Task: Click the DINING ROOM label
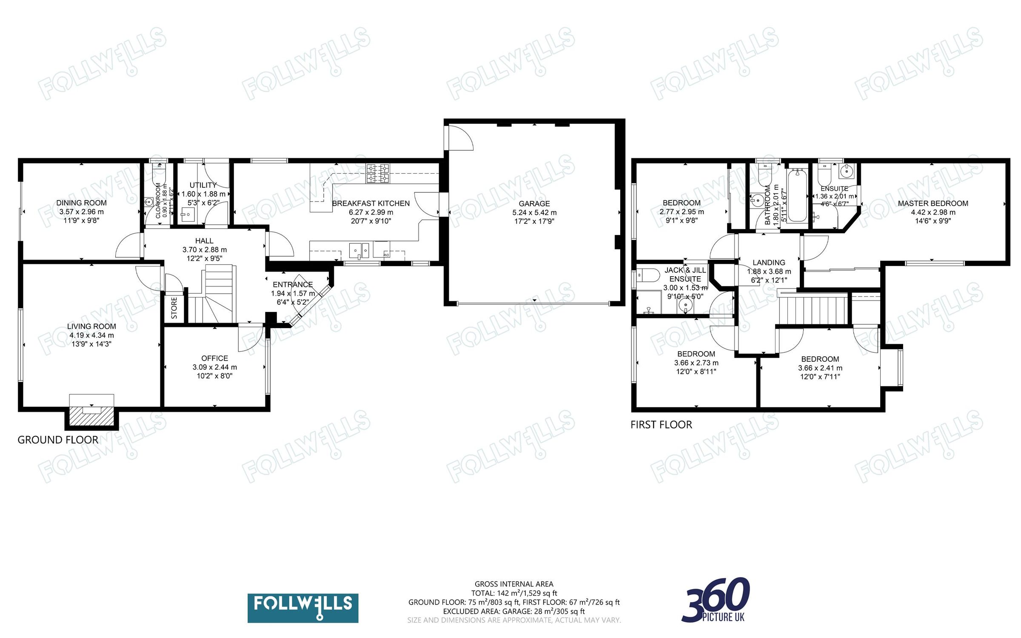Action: [x=81, y=203]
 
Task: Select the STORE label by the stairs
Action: [x=174, y=308]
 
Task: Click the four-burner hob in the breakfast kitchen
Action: [x=377, y=173]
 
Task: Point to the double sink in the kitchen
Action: [x=359, y=250]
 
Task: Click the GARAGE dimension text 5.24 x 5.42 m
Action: [x=534, y=212]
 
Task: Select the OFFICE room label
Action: [x=214, y=358]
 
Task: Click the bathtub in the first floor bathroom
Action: [x=797, y=195]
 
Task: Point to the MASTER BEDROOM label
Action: [x=933, y=203]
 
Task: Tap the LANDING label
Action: [x=769, y=263]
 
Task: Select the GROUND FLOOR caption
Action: [x=58, y=440]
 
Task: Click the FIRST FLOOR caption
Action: [x=661, y=425]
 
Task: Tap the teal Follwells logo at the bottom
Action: [x=302, y=608]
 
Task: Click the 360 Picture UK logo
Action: [x=716, y=600]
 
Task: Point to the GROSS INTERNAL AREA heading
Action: [x=514, y=584]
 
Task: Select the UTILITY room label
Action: [x=203, y=185]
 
